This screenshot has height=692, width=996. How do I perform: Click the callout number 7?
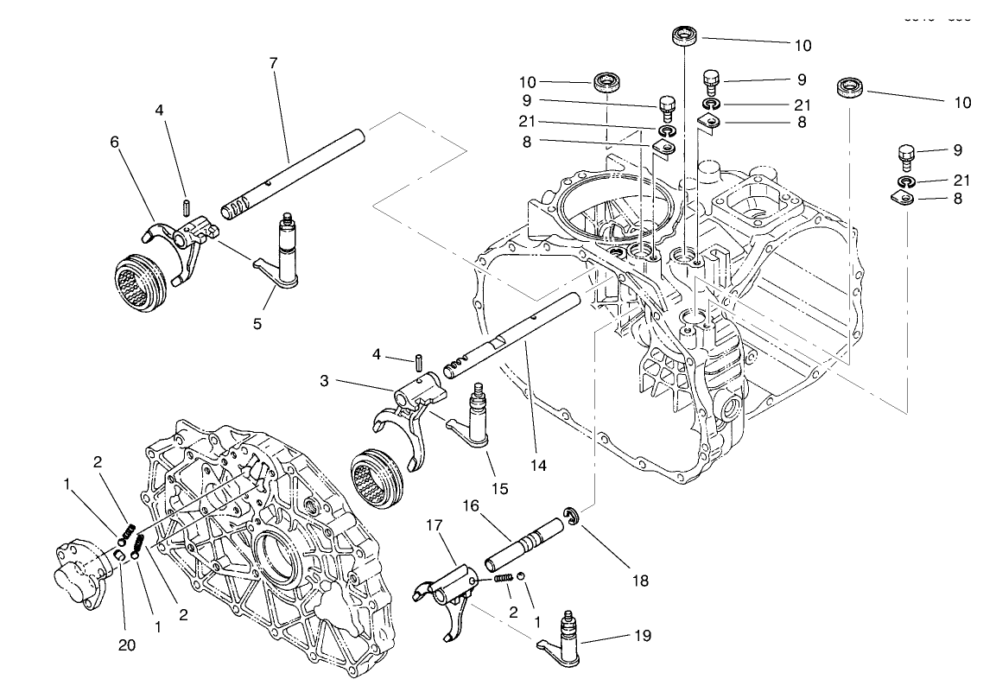(x=273, y=63)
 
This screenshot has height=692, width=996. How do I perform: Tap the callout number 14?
(x=538, y=465)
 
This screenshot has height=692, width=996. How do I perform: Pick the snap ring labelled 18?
(x=571, y=517)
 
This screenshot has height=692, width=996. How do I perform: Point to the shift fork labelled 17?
(x=448, y=595)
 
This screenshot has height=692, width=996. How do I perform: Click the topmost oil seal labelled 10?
(x=687, y=36)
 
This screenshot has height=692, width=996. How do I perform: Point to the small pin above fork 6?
(x=187, y=208)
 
